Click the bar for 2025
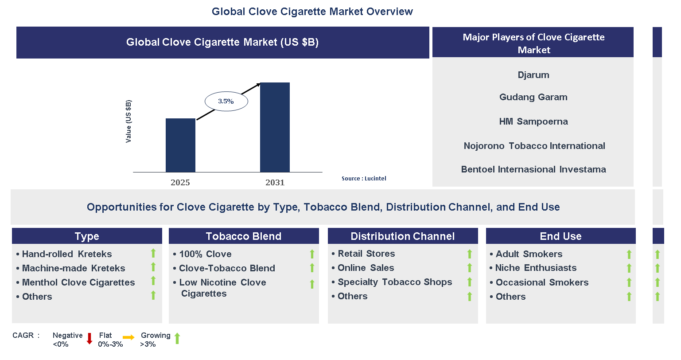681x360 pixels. click(x=180, y=145)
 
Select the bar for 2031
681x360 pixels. click(x=275, y=127)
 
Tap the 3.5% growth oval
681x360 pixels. click(x=226, y=102)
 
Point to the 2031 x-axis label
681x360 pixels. click(x=275, y=183)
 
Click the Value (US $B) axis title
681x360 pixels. click(x=128, y=121)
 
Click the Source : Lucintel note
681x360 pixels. click(x=364, y=179)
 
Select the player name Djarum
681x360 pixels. click(x=533, y=75)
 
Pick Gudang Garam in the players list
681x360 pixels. click(x=533, y=97)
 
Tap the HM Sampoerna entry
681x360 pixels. click(x=533, y=121)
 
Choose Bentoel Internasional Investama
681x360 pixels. click(x=533, y=169)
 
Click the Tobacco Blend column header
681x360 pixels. click(x=244, y=236)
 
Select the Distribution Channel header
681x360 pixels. click(x=402, y=236)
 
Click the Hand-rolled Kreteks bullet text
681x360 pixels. click(x=67, y=254)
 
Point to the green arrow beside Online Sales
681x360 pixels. click(x=470, y=268)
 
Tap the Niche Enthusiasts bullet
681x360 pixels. click(x=536, y=268)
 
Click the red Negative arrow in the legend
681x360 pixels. click(x=90, y=339)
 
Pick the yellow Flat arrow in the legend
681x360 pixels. click(x=128, y=338)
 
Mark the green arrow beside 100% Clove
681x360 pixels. click(x=312, y=254)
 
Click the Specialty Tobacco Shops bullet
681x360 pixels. click(x=395, y=282)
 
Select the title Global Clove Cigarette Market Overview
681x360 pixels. click(x=312, y=12)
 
